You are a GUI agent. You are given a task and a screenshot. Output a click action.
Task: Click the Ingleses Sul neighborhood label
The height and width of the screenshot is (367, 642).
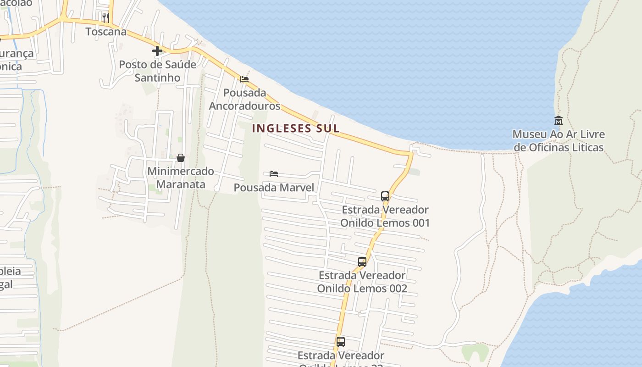[x=296, y=128]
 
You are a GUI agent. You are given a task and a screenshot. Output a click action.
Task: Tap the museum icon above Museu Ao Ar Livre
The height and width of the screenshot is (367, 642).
[x=559, y=121]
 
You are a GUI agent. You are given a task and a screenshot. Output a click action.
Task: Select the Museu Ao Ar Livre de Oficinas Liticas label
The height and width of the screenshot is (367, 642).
[x=559, y=141]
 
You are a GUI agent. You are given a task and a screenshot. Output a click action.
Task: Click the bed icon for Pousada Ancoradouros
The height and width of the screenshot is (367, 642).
[x=244, y=79]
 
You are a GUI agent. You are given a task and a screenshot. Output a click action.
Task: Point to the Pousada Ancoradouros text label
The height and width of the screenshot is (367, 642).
[x=245, y=99]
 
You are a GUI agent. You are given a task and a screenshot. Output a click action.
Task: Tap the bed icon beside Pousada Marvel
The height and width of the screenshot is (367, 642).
[x=274, y=174]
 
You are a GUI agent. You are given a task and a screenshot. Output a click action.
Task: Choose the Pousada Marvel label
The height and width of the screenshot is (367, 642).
[x=274, y=188]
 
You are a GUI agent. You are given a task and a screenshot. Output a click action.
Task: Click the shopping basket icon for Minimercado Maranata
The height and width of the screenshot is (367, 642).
[x=181, y=158]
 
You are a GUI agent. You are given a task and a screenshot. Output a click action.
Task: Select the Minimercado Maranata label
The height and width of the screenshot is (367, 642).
[x=181, y=178]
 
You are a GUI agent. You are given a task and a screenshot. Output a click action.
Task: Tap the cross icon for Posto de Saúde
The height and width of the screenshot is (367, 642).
[x=157, y=51]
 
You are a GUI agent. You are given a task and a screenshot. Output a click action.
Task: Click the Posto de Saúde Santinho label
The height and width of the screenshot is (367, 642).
[x=158, y=71]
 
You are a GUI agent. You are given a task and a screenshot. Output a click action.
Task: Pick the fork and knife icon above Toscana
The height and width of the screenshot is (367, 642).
[x=106, y=18]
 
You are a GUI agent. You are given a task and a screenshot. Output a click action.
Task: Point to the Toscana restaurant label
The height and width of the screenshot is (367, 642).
[x=106, y=32]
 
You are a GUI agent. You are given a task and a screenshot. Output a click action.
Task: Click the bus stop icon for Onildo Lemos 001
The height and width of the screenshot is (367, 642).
[x=385, y=196]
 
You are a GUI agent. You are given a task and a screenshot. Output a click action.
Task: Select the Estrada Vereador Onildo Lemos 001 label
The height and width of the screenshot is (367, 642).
[x=385, y=216]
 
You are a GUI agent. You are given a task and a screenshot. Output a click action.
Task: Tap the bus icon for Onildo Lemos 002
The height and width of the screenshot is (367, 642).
[x=362, y=262]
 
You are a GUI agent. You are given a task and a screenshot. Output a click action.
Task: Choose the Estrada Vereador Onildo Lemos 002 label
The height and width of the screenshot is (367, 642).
[x=362, y=282]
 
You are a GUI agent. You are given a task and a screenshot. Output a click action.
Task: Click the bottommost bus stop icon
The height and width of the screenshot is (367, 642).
[x=341, y=342]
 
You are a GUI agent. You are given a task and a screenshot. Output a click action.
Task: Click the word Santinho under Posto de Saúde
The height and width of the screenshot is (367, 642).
[x=157, y=78]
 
